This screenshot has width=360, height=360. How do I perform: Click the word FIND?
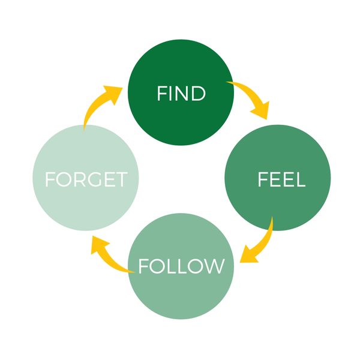point(181,94)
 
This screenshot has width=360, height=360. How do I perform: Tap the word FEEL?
point(281,179)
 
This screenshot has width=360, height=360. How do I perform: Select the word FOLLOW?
point(181,266)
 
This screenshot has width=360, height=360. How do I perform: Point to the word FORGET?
point(86,179)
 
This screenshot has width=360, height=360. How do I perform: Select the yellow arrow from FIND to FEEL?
point(249,96)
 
